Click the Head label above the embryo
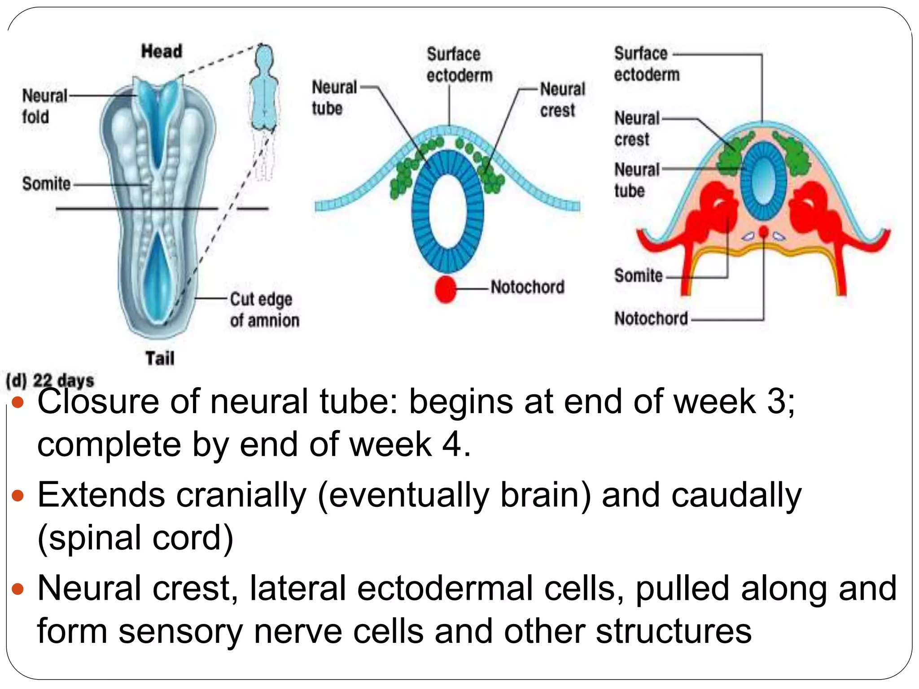pos(162,51)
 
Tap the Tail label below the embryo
pos(160,358)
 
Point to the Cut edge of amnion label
pos(264,310)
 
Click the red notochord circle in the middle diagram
pos(446,289)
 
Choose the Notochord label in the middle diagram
pos(527,287)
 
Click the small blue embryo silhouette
pos(265,90)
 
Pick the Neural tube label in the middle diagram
pos(334,98)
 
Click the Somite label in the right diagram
pos(638,275)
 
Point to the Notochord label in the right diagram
pos(651,318)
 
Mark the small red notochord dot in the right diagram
pos(763,231)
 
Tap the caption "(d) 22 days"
pos(50,380)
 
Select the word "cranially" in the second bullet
pos(241,495)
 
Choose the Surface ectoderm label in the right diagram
pos(646,64)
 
